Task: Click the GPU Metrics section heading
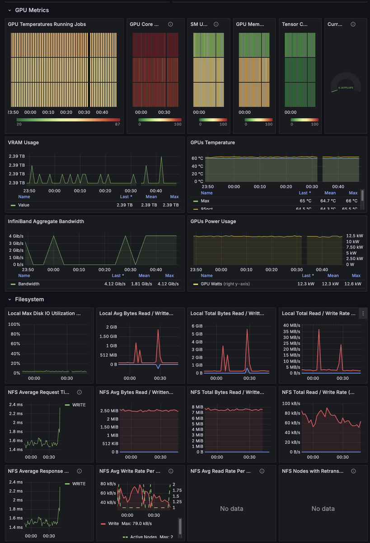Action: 32,10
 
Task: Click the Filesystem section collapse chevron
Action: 10,300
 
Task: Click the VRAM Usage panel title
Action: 23,143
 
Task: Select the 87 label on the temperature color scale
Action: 117,124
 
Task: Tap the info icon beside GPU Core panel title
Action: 170,24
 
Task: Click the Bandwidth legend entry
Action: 28,284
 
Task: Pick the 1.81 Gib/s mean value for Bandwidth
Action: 144,284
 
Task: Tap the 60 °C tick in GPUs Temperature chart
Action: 197,158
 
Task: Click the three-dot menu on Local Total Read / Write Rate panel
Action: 363,313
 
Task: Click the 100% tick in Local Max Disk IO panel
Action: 14,324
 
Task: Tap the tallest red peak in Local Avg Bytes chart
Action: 158,330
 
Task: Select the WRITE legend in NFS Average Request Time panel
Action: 78,405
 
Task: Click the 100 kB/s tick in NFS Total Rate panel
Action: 291,404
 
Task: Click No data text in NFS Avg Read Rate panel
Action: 231,509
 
